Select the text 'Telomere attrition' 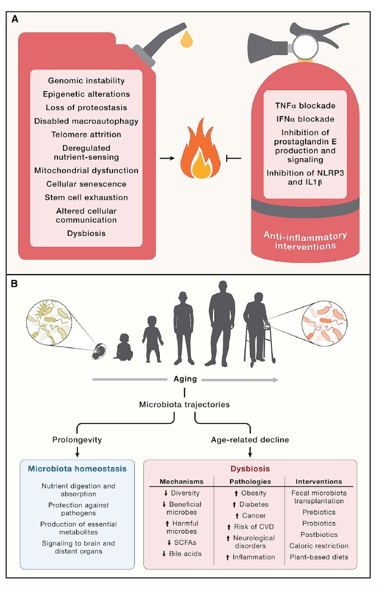pos(86,134)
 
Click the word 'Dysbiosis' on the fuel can pos(86,233)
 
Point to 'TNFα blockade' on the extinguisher pos(305,106)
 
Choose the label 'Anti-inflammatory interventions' pos(305,240)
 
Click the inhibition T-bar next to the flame pos(233,159)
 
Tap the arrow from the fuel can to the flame pos(167,159)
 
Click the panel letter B pos(15,284)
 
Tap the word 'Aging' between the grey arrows pos(185,379)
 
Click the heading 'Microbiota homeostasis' pos(77,468)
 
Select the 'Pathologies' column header pos(250,481)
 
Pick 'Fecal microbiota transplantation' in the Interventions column pos(319,497)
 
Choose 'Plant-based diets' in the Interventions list pos(319,557)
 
